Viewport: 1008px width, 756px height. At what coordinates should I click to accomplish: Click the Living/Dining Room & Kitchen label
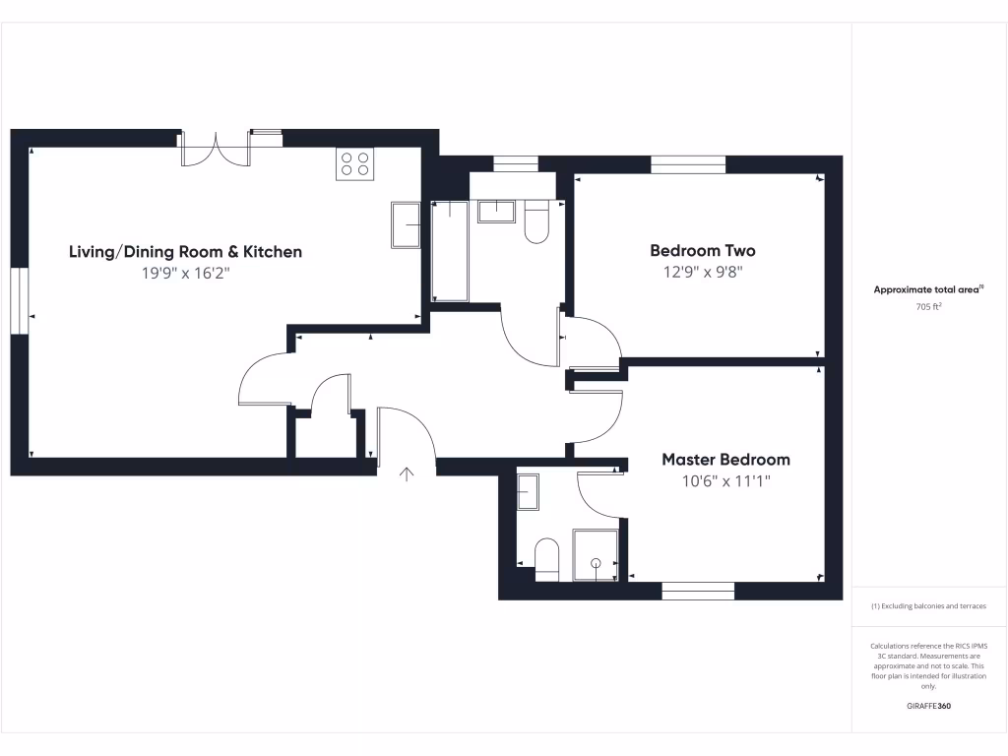tap(185, 252)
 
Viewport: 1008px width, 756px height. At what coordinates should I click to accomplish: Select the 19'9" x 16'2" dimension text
tap(185, 275)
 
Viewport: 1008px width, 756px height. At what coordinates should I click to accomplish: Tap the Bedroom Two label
tap(703, 251)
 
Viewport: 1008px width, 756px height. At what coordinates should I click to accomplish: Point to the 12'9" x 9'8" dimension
tap(703, 273)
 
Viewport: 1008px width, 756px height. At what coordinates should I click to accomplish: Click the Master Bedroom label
tap(725, 460)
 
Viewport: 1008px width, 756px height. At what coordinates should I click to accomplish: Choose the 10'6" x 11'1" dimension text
tap(725, 481)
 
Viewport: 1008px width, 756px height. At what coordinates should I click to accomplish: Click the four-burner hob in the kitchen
tap(355, 163)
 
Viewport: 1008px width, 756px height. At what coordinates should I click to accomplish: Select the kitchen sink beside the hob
tap(406, 226)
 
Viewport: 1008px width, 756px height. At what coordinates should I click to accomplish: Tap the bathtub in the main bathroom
tap(451, 250)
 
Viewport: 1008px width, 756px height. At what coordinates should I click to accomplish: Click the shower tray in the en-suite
tap(595, 554)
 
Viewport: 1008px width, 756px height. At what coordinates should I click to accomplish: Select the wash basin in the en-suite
tap(528, 491)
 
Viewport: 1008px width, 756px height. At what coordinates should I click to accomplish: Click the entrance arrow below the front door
tap(407, 475)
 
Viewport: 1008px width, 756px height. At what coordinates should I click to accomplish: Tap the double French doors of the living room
tap(217, 150)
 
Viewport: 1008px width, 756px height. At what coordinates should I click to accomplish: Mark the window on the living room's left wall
tap(20, 301)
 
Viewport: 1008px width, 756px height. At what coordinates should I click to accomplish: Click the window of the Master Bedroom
tap(698, 591)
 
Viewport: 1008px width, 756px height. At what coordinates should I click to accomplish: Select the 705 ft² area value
tap(929, 306)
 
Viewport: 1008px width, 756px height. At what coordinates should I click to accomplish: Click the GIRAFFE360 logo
tap(929, 706)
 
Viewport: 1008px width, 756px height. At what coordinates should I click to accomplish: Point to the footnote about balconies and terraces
tap(929, 606)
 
